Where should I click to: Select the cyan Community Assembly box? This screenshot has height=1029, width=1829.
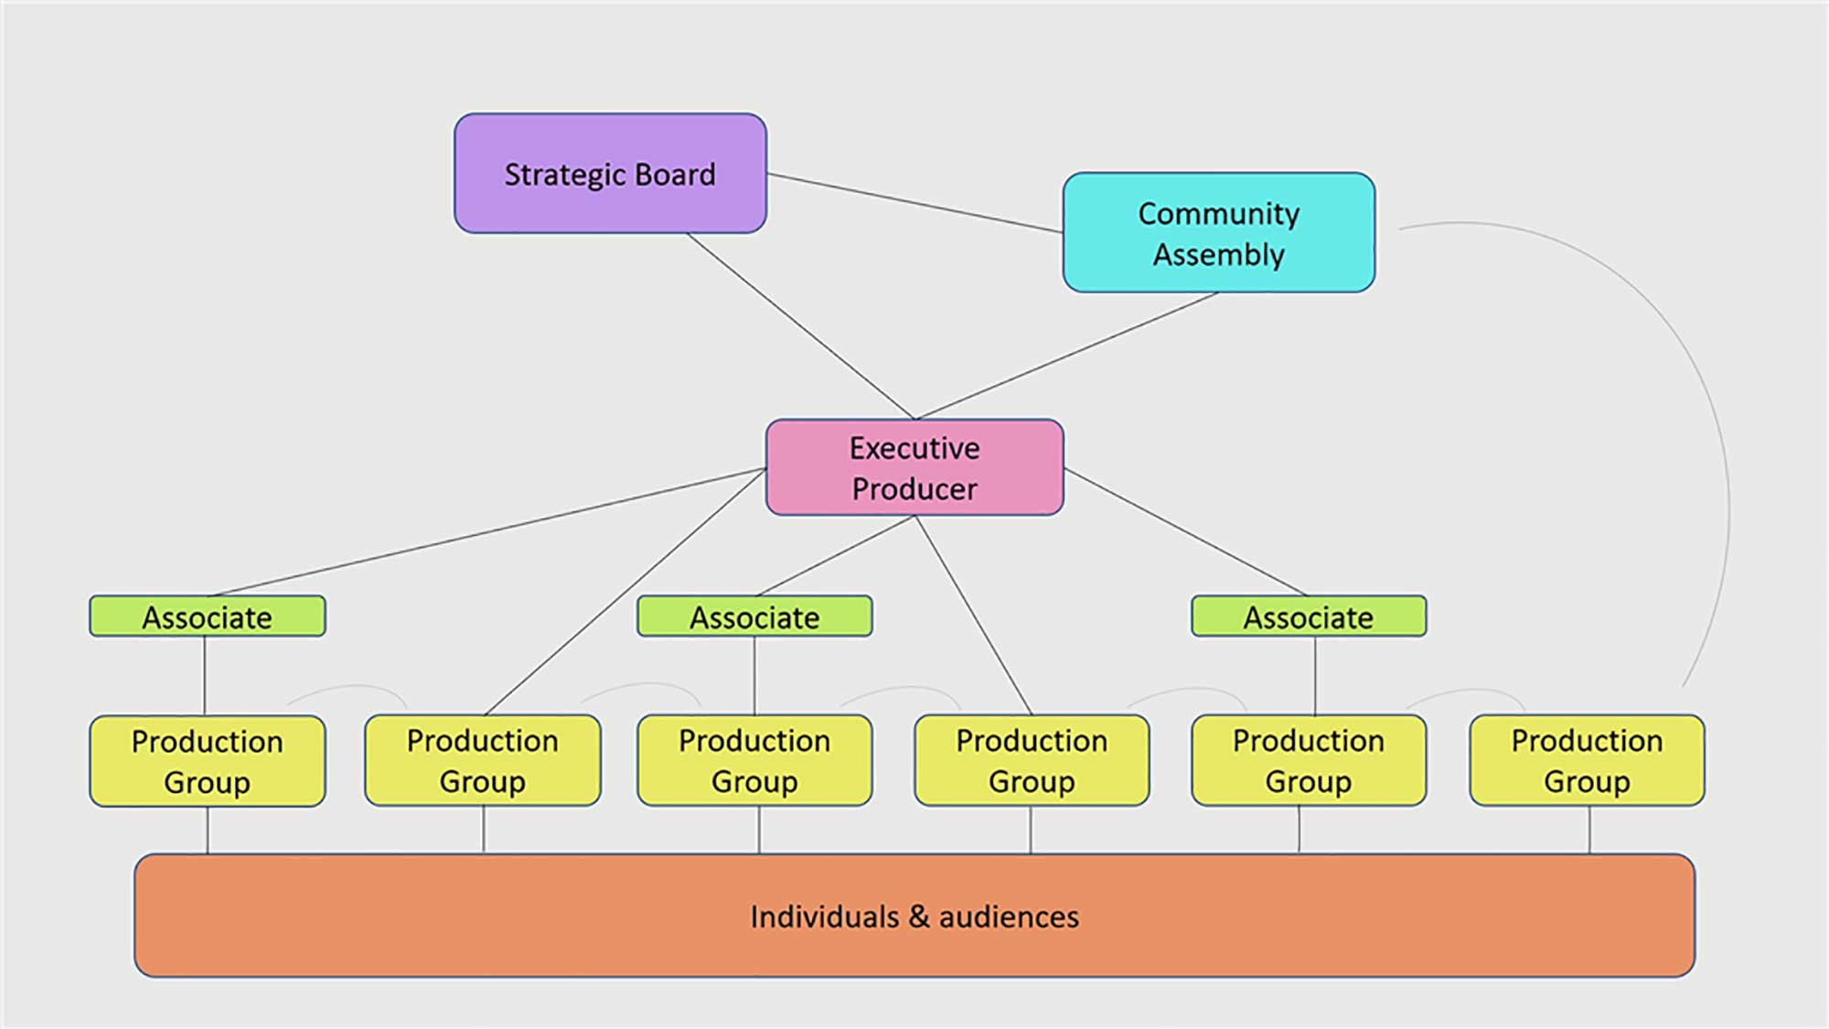pos(1218,233)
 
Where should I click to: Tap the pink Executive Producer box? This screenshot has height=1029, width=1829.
pos(914,468)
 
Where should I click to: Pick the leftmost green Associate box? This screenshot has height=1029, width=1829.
pos(207,616)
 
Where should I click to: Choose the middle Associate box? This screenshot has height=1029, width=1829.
pos(754,616)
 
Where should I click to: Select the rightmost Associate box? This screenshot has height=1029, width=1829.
pos(1308,616)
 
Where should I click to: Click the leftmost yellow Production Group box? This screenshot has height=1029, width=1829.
pos(207,761)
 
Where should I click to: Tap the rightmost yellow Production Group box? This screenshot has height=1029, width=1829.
pos(1587,761)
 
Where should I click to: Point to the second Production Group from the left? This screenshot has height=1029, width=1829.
pos(483,761)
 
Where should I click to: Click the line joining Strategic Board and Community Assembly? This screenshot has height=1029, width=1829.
pos(914,203)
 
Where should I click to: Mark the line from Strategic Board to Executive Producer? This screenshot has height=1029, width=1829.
pos(800,327)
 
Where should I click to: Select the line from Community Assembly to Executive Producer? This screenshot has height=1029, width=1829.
pos(1066,356)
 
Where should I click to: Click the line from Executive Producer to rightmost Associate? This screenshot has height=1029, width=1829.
pos(1185,532)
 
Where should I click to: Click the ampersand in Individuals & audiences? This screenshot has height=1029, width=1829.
pos(919,917)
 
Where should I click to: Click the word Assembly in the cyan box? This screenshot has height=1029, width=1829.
pos(1218,254)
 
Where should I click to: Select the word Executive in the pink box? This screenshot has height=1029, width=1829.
pos(914,448)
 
